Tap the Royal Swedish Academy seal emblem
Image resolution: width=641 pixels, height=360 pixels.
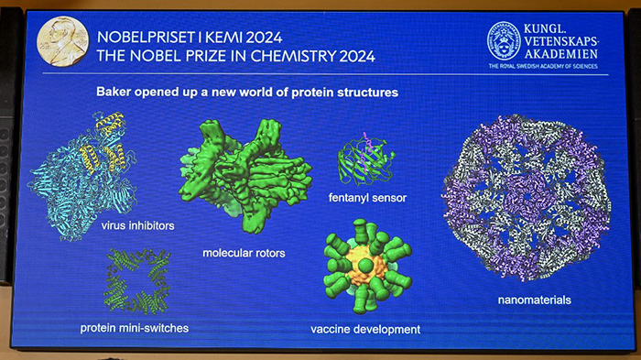pyautogui.click(x=504, y=40)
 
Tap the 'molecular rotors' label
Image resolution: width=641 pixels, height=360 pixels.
pyautogui.click(x=244, y=253)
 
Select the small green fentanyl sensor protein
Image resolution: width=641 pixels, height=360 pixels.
pyautogui.click(x=366, y=160)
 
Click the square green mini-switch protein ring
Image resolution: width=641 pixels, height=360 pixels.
pyautogui.click(x=137, y=278)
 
